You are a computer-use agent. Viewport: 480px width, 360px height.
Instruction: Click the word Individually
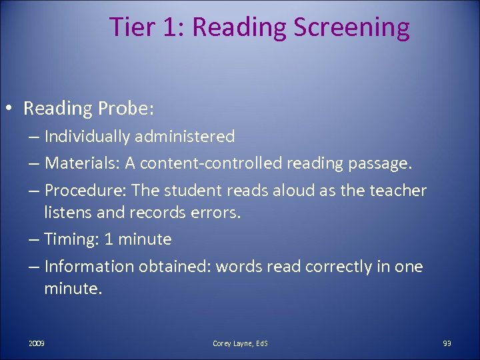click(87, 137)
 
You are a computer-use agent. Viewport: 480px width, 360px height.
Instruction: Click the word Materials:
click(79, 163)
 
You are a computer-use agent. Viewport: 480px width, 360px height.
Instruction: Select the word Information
click(89, 267)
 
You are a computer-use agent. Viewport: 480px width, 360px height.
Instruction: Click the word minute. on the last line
click(73, 288)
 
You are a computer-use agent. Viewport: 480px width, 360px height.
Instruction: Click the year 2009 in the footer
click(37, 343)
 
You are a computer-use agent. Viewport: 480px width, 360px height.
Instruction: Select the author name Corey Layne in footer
click(233, 343)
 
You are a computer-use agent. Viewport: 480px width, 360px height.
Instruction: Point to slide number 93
click(447, 343)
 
